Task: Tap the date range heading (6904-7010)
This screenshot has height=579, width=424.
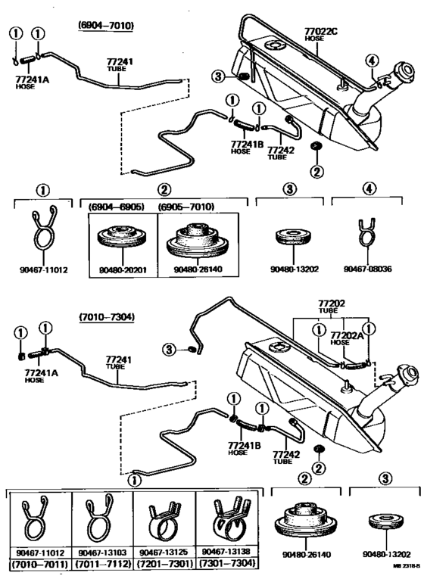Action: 106,25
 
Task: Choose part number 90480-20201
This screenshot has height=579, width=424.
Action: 122,268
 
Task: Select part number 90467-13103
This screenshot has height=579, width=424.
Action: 102,553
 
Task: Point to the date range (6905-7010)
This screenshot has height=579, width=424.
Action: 186,206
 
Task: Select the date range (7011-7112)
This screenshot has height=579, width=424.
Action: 102,565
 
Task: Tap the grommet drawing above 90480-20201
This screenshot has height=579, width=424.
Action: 122,241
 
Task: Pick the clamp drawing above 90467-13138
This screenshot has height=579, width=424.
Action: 226,519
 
